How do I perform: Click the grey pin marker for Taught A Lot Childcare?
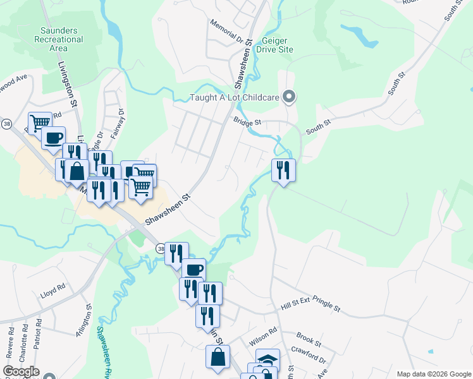[x=289, y=97]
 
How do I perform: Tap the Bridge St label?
[x=247, y=121]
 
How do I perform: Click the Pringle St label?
[x=326, y=309]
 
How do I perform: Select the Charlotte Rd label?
[x=24, y=342]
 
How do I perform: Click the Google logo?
[x=21, y=371]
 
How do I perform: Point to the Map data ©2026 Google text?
[x=433, y=374]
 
